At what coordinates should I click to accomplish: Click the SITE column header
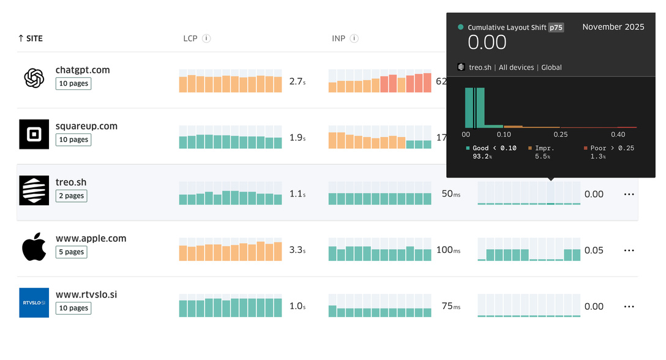coord(31,39)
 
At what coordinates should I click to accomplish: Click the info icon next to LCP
coord(206,39)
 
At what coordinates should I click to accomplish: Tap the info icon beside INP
coord(354,39)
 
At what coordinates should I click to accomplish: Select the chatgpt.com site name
coord(83,70)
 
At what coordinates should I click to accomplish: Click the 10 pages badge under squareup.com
coord(73,140)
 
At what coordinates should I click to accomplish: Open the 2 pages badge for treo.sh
coord(71,196)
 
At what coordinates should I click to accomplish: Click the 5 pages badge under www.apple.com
coord(71,252)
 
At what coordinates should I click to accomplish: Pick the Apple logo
coord(34,247)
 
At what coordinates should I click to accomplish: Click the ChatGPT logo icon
coord(34,78)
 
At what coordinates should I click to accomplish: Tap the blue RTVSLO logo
coord(34,302)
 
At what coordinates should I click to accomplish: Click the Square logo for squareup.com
coord(34,134)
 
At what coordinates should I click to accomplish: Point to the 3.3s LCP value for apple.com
coord(297,250)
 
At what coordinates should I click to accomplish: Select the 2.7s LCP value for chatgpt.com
coord(297,81)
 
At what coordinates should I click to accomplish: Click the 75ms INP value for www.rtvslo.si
coord(451,306)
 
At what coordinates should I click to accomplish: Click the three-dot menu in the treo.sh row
coord(629,194)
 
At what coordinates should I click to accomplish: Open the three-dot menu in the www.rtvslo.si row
coord(629,307)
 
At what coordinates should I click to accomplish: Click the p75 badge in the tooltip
coord(556,28)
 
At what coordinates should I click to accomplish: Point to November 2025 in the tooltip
coord(613,27)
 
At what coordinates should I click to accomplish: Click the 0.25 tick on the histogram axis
coord(561,134)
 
